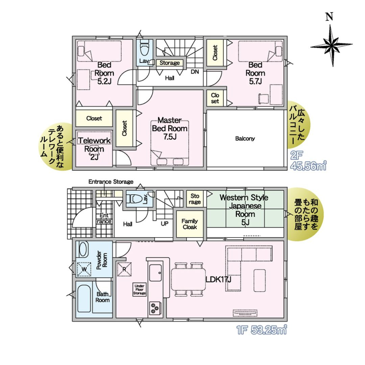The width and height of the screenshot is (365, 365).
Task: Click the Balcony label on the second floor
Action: (x=245, y=139)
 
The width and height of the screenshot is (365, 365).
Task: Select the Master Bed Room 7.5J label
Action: (x=170, y=129)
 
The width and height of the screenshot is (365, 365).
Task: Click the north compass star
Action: (x=331, y=45)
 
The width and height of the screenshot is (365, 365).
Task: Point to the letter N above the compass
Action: (x=329, y=17)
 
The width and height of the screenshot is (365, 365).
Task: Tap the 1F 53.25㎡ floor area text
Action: (x=262, y=330)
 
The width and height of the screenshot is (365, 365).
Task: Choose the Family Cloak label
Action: (x=190, y=224)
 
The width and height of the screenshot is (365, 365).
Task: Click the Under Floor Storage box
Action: (x=140, y=290)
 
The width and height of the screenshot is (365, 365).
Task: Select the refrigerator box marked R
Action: (x=125, y=269)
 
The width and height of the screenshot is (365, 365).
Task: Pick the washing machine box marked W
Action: (x=84, y=269)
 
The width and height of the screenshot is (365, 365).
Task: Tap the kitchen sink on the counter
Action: (x=155, y=273)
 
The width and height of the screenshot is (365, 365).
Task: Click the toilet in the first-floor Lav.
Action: (x=135, y=199)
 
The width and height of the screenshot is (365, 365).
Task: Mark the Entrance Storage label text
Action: (x=111, y=182)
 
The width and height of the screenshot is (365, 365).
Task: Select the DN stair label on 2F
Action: (x=195, y=72)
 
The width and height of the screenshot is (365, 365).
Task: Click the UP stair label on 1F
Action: (x=165, y=224)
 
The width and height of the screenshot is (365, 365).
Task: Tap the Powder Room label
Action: (x=102, y=260)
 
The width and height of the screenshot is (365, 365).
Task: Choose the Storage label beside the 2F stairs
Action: (x=170, y=63)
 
